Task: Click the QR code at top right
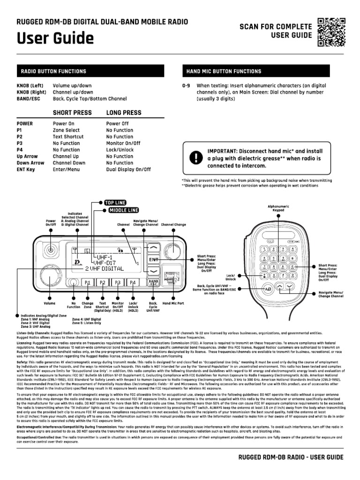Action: click(x=332, y=32)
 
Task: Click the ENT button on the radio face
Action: click(x=153, y=259)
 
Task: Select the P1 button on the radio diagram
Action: click(x=87, y=283)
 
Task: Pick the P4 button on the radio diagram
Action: click(x=133, y=283)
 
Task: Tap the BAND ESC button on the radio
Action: click(x=153, y=283)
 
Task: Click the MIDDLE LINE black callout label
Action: click(x=124, y=210)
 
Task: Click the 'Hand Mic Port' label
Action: click(x=174, y=304)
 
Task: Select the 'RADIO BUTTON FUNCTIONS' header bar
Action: click(x=90, y=71)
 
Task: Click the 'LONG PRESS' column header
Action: click(x=124, y=113)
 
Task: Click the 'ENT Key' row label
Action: click(x=26, y=170)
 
